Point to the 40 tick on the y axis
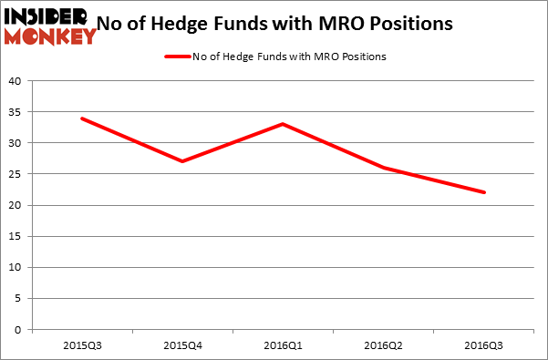coord(16,80)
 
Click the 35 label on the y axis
coord(16,112)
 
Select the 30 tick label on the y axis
coord(16,143)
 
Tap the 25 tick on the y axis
coord(16,174)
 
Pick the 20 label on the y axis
coord(16,205)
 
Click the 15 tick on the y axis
coord(16,237)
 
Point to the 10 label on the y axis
coord(16,268)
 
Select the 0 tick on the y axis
coord(18,330)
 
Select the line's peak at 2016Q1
coord(283,124)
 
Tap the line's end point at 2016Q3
coord(484,192)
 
